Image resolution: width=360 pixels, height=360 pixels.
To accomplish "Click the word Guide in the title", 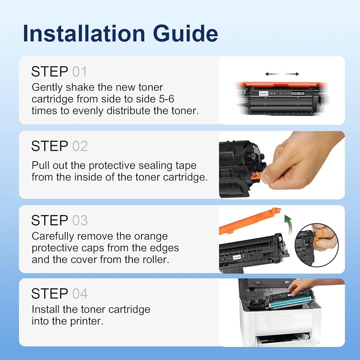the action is coord(185,33).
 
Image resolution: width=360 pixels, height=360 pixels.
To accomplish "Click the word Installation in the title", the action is coord(84,33).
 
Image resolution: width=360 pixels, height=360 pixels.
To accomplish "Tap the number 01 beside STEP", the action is coord(80,72).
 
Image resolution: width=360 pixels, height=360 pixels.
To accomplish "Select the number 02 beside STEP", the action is coord(80,146).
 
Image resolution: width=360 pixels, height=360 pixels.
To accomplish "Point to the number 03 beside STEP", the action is coord(80,220).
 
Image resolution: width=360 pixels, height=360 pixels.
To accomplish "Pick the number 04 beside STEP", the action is coord(80,294).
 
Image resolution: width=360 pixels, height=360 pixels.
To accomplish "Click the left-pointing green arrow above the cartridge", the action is coord(272,74).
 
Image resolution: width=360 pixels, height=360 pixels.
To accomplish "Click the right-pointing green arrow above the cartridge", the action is coord(292,74).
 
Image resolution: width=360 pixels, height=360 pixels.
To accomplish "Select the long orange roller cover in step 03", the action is coord(250,221).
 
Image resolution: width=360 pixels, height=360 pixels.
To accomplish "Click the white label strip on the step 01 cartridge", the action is coord(282,94).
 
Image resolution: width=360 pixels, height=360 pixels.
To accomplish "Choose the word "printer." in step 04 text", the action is coord(87,321).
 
